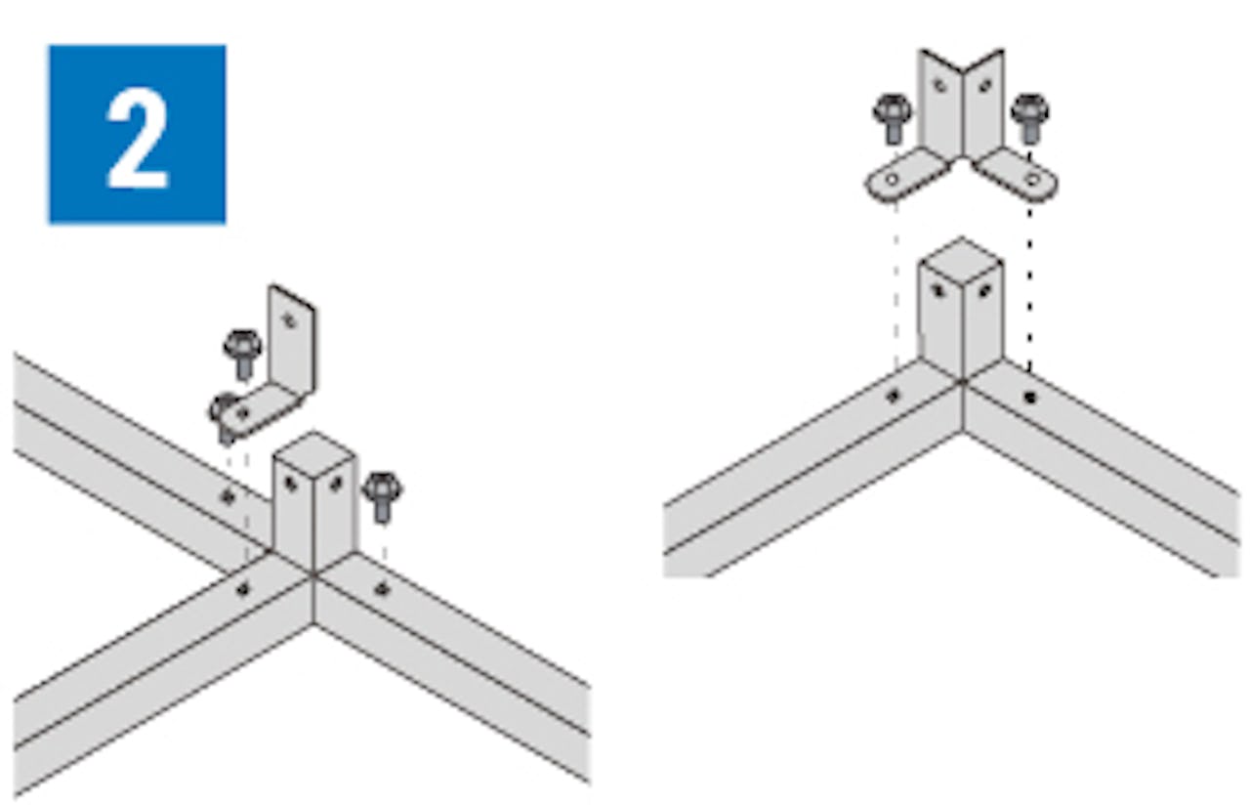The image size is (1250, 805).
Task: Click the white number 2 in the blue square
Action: click(x=138, y=140)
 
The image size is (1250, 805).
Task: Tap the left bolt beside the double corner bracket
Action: click(x=893, y=118)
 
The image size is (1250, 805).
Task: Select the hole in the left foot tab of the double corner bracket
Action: click(x=893, y=179)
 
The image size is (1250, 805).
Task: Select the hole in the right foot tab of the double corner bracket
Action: click(x=1032, y=179)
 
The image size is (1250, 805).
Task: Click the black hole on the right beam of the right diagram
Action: click(x=1030, y=398)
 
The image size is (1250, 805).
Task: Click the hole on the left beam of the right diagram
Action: click(x=894, y=396)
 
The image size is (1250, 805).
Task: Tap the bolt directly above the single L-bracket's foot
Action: click(x=242, y=353)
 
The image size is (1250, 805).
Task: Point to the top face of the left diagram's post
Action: click(x=313, y=454)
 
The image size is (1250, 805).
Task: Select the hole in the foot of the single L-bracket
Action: click(x=243, y=413)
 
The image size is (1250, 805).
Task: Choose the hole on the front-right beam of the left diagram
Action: click(x=382, y=588)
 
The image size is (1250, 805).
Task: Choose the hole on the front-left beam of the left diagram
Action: click(x=243, y=588)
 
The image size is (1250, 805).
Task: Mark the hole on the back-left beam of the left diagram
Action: click(x=228, y=495)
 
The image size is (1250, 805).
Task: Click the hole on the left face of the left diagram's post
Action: click(x=291, y=484)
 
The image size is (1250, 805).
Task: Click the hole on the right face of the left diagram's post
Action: click(x=336, y=484)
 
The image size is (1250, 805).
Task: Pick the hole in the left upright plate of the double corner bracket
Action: click(x=940, y=85)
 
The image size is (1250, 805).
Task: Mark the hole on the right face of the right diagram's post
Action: click(x=985, y=290)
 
